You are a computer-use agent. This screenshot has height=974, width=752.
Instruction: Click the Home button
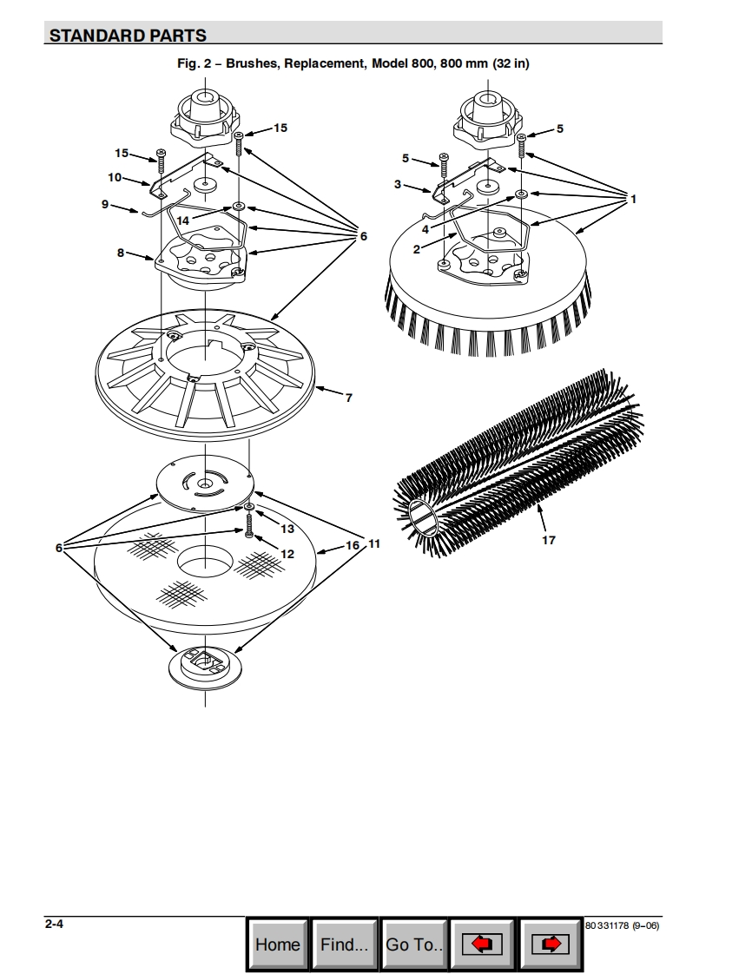tap(277, 944)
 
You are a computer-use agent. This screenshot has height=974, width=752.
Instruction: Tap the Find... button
tap(344, 944)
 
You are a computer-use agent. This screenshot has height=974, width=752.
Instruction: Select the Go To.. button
tap(414, 944)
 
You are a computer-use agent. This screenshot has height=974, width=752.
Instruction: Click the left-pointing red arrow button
tap(482, 944)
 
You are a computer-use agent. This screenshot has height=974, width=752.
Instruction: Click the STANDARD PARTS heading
tap(128, 36)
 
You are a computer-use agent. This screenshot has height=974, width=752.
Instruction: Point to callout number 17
tap(548, 540)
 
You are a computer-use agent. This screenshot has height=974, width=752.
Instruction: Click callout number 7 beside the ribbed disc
tap(349, 398)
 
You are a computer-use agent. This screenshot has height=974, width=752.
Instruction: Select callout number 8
tap(121, 253)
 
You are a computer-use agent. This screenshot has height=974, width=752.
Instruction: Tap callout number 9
tap(105, 204)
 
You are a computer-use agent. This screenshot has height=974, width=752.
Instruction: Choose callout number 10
tap(115, 177)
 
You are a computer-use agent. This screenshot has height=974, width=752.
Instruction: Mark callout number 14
tap(182, 220)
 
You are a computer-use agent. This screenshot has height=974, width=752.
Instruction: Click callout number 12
tap(287, 554)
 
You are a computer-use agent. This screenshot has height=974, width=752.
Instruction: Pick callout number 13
tap(287, 529)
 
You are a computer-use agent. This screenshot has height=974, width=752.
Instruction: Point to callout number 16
tap(353, 545)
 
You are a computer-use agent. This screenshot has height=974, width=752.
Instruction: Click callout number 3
tap(398, 185)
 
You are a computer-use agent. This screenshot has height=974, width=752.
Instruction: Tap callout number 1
tap(633, 199)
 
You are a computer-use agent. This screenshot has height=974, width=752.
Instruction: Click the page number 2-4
tap(54, 924)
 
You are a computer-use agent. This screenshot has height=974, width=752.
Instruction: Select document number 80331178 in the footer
tap(607, 925)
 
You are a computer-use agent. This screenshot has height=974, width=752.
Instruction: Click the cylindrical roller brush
tap(519, 463)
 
